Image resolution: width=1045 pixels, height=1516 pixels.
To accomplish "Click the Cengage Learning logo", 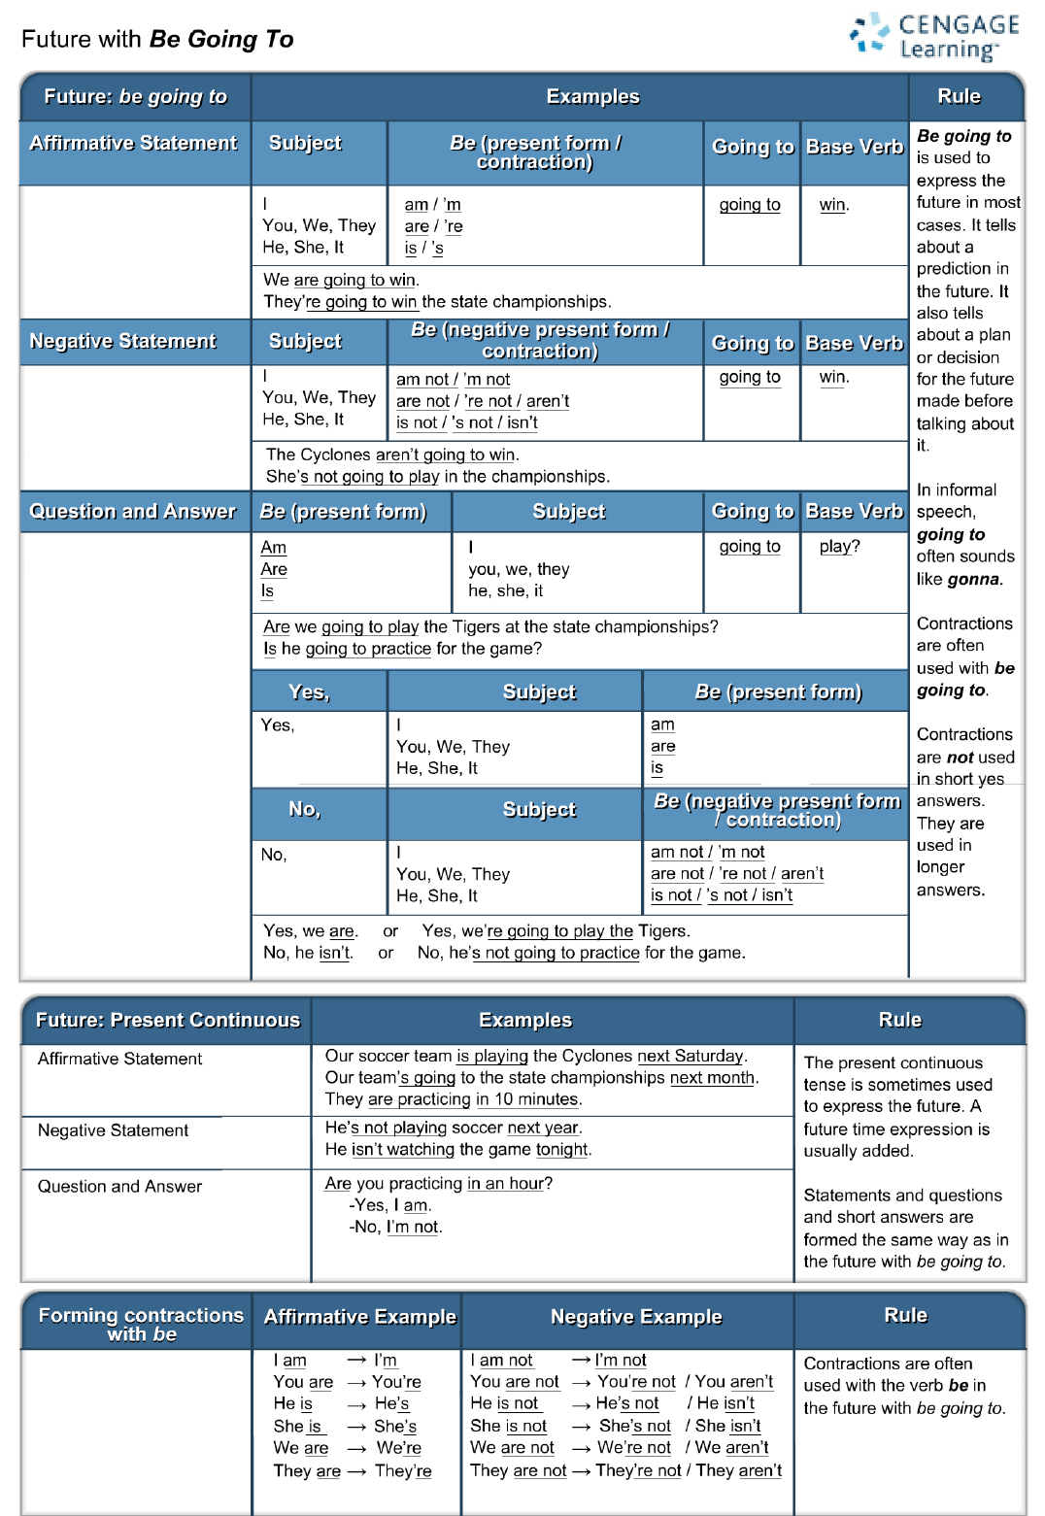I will pyautogui.click(x=933, y=37).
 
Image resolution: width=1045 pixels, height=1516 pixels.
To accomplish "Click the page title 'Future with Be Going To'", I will pyautogui.click(x=157, y=39).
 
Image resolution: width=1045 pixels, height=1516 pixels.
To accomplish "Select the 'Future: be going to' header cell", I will pyautogui.click(x=135, y=96).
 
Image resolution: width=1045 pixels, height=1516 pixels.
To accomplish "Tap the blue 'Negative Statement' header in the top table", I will pyautogui.click(x=123, y=341).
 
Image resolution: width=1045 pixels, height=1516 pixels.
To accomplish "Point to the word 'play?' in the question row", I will pyautogui.click(x=839, y=546).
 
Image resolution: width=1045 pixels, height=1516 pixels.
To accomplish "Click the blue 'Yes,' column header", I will pyautogui.click(x=309, y=691).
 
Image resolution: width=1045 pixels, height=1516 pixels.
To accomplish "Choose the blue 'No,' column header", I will pyautogui.click(x=304, y=809).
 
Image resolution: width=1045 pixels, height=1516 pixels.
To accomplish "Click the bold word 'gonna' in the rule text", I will pyautogui.click(x=973, y=579).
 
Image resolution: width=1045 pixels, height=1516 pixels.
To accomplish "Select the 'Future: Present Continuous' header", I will pyautogui.click(x=167, y=1020).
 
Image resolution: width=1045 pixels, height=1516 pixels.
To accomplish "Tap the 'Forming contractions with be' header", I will pyautogui.click(x=141, y=1324).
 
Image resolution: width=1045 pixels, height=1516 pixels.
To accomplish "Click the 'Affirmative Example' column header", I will pyautogui.click(x=359, y=1317).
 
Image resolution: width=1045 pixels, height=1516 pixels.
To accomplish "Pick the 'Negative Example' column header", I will pyautogui.click(x=636, y=1317).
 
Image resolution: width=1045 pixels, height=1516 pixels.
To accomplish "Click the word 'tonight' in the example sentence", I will pyautogui.click(x=561, y=1149).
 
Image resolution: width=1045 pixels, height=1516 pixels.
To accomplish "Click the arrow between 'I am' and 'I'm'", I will pyautogui.click(x=356, y=1361).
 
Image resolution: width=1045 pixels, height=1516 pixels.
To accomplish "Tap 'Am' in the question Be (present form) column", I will pyautogui.click(x=274, y=548).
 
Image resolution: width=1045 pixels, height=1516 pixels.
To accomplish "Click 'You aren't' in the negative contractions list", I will pyautogui.click(x=733, y=1381).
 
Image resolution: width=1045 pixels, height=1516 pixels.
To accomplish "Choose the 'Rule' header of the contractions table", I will pyautogui.click(x=905, y=1315).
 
